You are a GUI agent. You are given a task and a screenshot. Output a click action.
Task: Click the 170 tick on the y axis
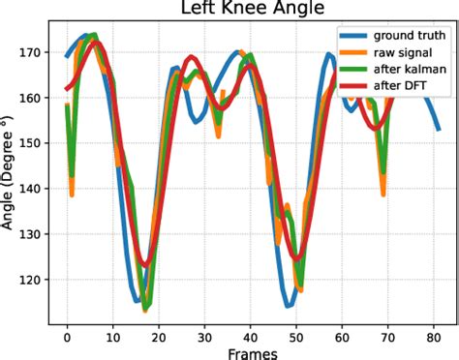coord(32,52)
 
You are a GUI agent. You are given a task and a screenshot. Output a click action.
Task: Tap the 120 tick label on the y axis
coord(32,281)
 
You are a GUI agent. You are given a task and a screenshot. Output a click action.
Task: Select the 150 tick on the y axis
coord(32,143)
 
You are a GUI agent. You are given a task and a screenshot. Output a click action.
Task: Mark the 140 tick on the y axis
coord(32,189)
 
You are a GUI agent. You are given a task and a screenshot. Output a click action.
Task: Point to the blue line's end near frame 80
coord(439,129)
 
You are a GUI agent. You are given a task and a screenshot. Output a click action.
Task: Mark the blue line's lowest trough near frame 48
coord(289,306)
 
